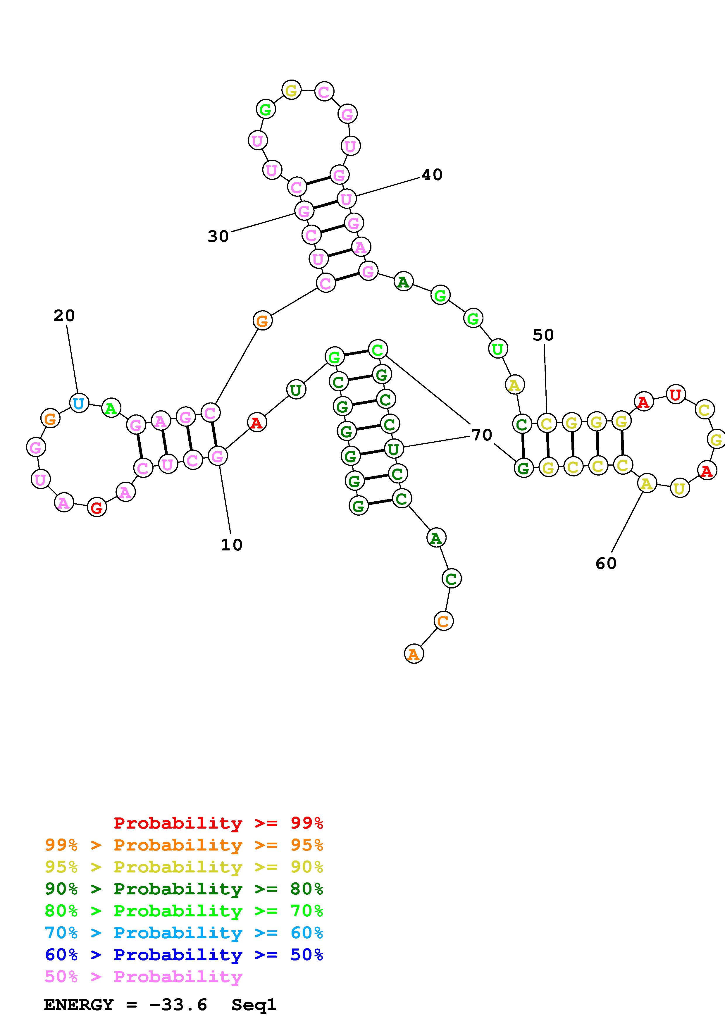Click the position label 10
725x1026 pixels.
click(231, 545)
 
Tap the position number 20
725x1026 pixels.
click(64, 316)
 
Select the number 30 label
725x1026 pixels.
click(218, 236)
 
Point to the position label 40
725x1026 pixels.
click(432, 175)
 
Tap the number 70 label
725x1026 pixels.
click(482, 435)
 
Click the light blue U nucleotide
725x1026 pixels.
click(79, 404)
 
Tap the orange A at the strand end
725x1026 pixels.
click(414, 654)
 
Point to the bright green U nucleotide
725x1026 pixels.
click(498, 349)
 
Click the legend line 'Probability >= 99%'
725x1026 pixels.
click(218, 823)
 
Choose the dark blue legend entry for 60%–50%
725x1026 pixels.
click(184, 955)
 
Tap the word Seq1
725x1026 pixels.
click(254, 1005)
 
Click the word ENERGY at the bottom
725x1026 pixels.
click(79, 1005)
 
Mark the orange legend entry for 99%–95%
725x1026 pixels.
click(184, 845)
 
